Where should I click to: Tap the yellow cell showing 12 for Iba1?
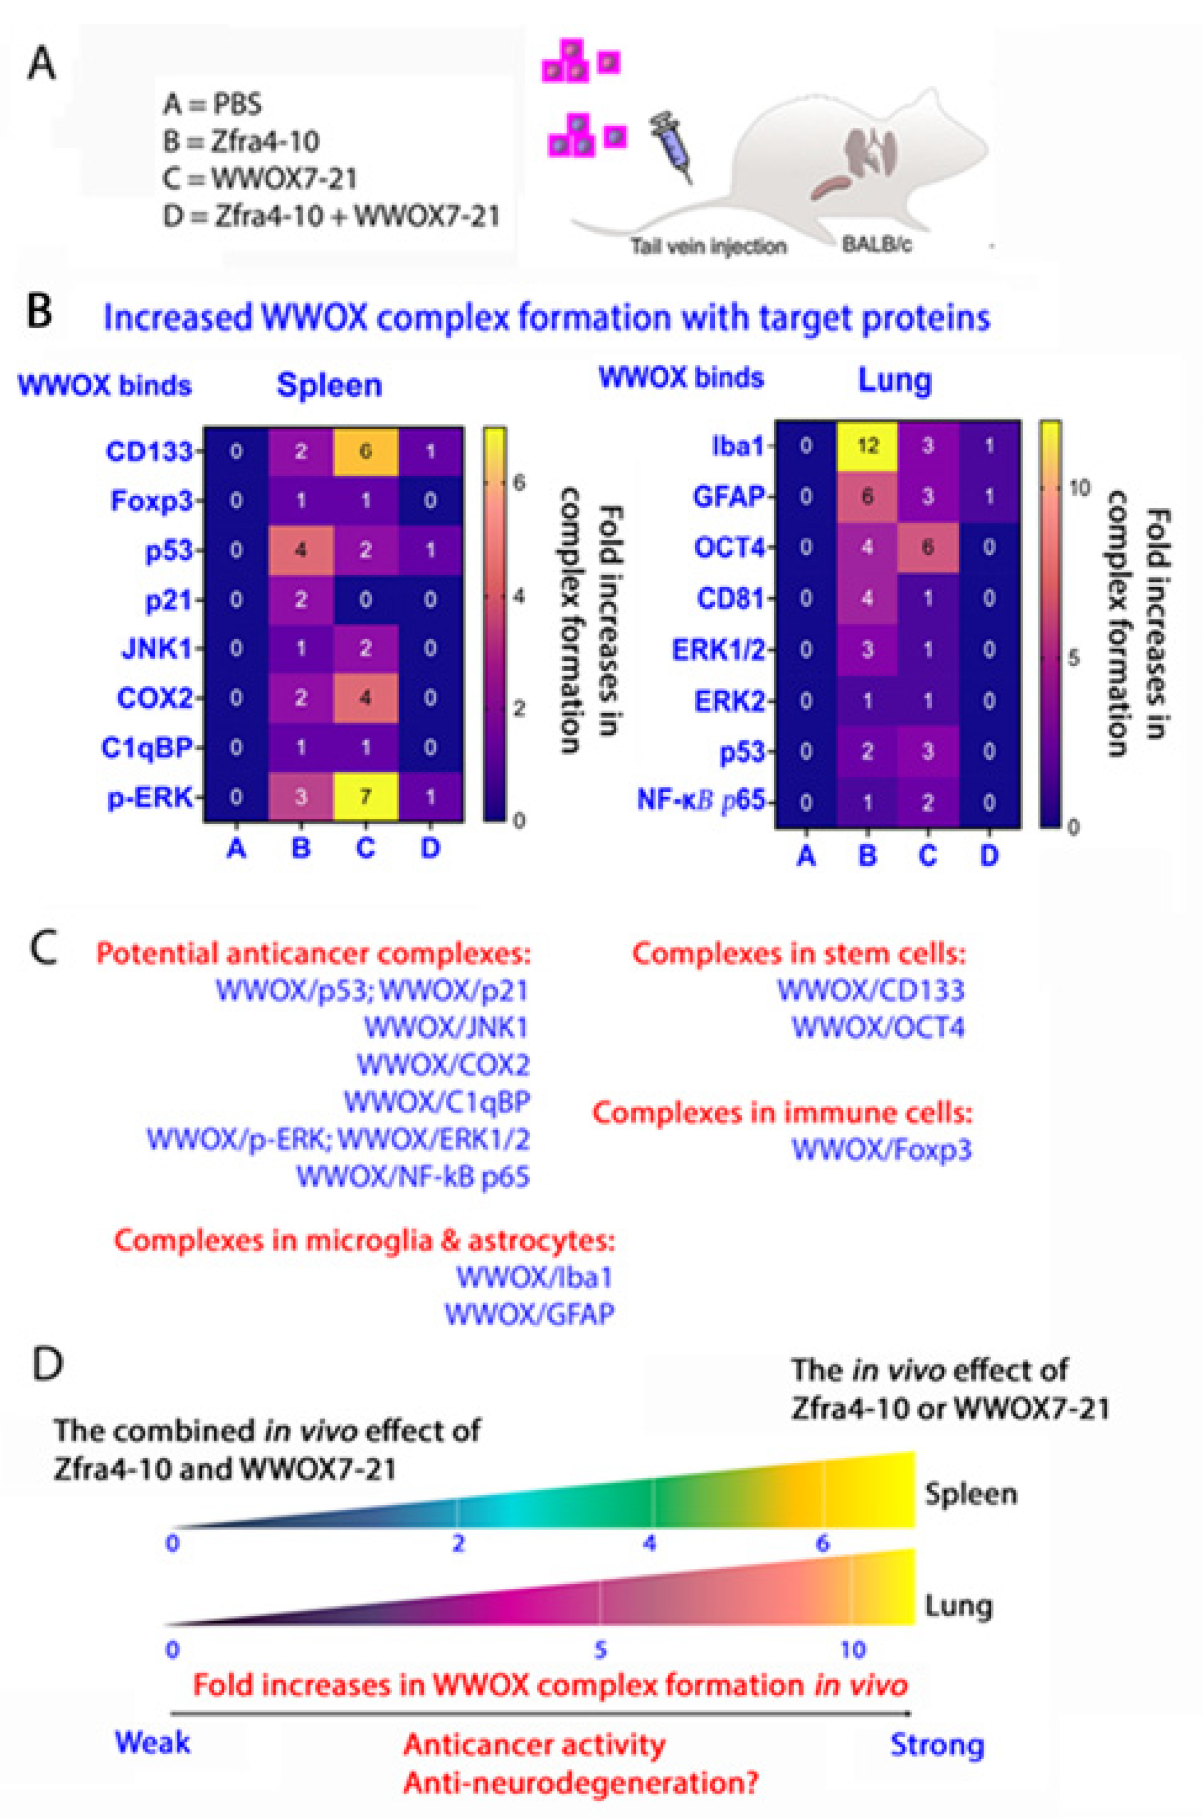coord(867,446)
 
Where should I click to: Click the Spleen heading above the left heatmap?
coord(329,385)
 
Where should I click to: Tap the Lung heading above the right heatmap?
coord(895,379)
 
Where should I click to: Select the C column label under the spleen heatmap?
coord(365,848)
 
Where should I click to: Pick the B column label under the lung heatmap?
coord(867,855)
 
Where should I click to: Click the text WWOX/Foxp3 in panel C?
coord(881,1149)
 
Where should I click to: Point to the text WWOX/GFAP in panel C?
coord(529,1314)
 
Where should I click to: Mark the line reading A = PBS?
coord(213,104)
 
